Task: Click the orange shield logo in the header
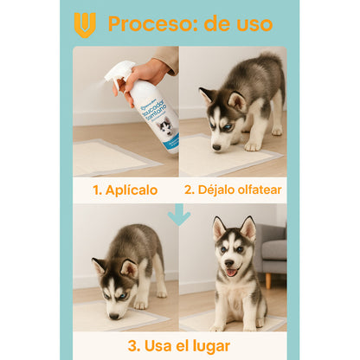point(84,23)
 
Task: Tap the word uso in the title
point(251,23)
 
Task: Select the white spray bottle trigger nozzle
point(119,73)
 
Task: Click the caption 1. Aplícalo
point(125,190)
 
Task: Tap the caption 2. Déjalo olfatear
point(233,190)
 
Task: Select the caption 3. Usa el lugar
point(179,345)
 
